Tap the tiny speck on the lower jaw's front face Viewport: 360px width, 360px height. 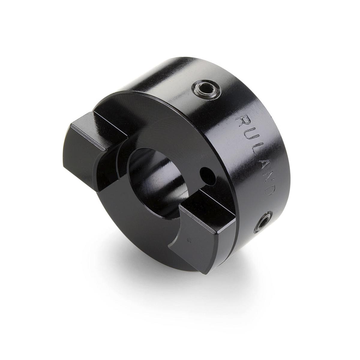[x=188, y=239]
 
